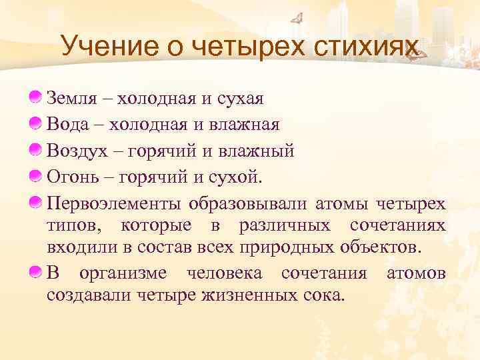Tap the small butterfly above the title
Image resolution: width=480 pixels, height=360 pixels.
pyautogui.click(x=299, y=18)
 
